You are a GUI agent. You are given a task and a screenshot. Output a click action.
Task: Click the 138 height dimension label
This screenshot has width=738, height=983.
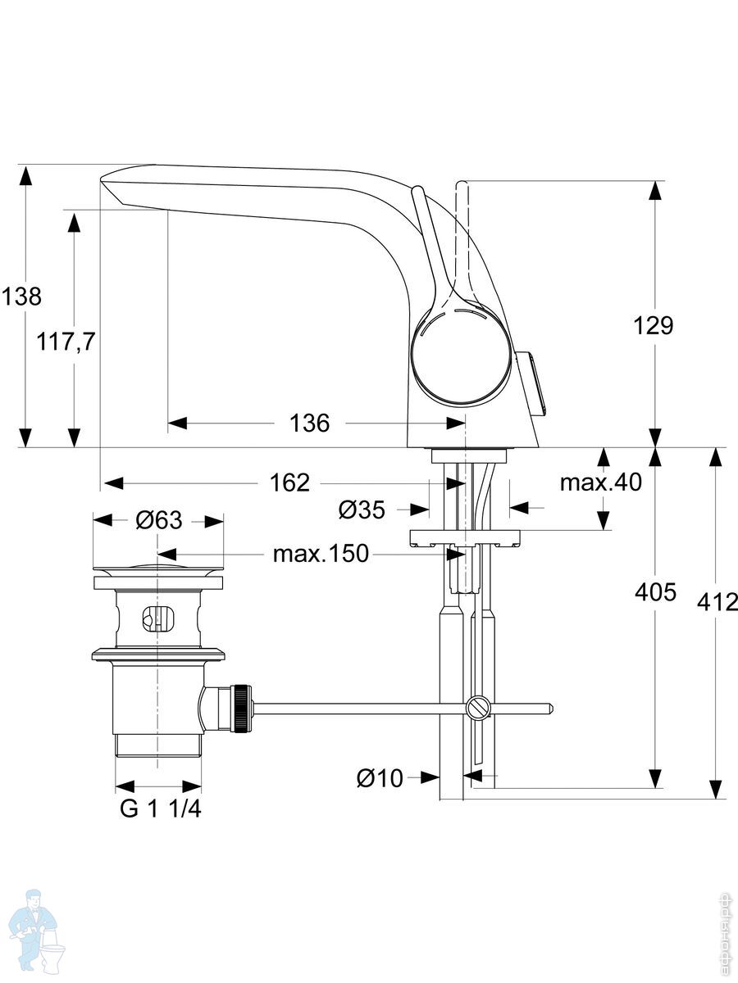click(x=20, y=296)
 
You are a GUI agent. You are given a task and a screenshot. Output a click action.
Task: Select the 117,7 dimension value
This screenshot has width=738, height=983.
click(x=66, y=342)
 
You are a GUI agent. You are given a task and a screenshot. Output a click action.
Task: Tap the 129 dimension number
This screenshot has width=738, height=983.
click(x=654, y=325)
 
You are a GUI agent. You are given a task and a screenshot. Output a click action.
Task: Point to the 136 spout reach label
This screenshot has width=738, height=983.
click(x=310, y=424)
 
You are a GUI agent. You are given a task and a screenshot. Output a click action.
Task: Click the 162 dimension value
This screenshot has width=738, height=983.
click(x=290, y=482)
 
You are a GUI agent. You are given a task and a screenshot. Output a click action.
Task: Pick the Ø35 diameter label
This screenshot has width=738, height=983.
click(x=362, y=510)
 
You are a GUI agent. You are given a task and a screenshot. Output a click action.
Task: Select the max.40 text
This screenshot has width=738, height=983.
click(x=601, y=482)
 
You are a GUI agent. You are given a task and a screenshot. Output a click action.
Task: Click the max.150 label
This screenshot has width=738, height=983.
click(x=321, y=554)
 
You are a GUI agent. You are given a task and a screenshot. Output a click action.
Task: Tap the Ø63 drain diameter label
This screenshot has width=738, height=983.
click(x=158, y=520)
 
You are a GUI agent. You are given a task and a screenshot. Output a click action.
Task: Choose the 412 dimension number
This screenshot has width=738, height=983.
click(x=717, y=602)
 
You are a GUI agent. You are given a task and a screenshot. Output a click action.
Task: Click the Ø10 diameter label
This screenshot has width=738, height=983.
click(x=380, y=777)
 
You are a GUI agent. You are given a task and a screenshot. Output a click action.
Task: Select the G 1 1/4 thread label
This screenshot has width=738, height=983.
click(x=161, y=809)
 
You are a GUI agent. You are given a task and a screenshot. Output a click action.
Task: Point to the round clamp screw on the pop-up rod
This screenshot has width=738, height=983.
click(x=479, y=708)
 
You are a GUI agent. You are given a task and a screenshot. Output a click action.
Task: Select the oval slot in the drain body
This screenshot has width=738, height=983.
click(x=157, y=619)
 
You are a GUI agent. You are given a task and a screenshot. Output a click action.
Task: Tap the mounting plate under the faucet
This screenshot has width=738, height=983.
click(x=465, y=538)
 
